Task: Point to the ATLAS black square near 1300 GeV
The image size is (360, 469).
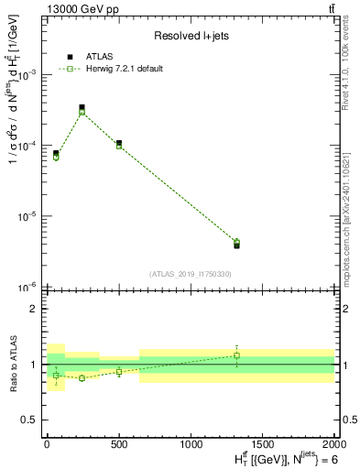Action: point(236,245)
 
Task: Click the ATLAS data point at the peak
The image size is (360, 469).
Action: point(82,107)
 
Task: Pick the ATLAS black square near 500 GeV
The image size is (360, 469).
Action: point(119,143)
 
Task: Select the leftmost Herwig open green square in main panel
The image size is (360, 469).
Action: point(56,157)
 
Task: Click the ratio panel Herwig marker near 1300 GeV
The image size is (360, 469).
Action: point(236,355)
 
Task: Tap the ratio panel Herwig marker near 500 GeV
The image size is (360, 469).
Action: point(119,372)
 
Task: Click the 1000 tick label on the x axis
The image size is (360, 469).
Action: point(191,443)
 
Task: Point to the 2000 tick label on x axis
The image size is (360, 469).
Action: point(333,443)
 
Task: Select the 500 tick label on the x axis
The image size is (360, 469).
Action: point(119,443)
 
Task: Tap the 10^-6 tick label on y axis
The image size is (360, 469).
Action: point(30,288)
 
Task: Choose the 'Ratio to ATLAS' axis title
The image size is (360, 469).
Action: point(12,364)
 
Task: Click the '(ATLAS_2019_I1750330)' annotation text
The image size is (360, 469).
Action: point(190,274)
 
